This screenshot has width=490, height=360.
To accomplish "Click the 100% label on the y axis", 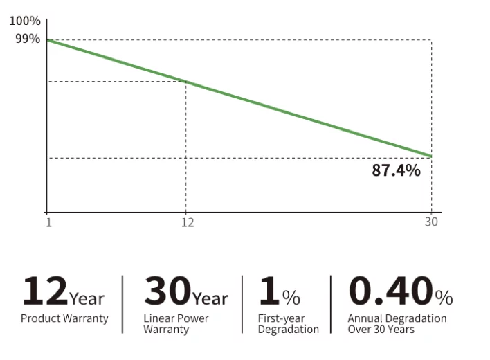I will coord(24,20).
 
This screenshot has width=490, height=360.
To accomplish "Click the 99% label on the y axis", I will coord(27,39).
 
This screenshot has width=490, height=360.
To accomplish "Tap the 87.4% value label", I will coord(396,170).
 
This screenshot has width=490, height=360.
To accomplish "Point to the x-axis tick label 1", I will coord(48,222).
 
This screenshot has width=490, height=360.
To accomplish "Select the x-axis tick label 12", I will coord(187,222).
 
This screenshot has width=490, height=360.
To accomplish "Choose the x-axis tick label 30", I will coord(432,222).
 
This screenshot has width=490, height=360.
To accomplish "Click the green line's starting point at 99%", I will coord(47,40).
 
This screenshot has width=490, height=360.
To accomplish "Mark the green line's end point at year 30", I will coord(431,156).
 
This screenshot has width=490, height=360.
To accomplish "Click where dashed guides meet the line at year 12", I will coord(185,82).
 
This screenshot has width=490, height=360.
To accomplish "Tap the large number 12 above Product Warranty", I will coord(44,291).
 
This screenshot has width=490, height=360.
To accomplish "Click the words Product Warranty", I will coord(64,318).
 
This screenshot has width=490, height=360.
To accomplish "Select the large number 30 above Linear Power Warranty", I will coord(167,291).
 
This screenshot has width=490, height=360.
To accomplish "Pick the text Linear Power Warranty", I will coord(176,324).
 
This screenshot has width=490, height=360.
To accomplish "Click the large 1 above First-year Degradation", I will coord(269,291).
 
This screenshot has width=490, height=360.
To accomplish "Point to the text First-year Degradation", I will coord(288,324).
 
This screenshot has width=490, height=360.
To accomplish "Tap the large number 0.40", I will coord(390,291).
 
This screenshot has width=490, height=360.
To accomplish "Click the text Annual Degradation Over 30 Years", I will coord(397,324).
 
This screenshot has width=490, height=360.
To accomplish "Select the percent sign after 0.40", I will coord(444,298).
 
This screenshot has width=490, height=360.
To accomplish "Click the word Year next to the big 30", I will coord(210,299).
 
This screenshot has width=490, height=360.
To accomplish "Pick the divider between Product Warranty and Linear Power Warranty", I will coord(122,305).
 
